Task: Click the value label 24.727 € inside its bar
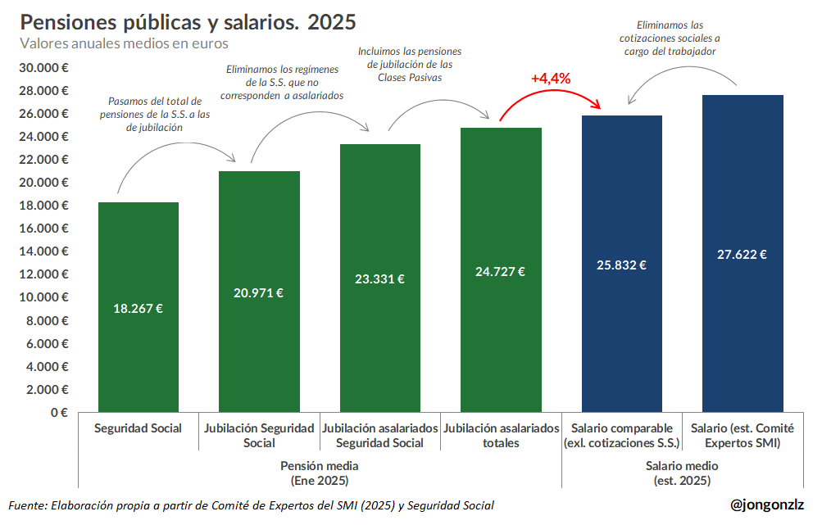click(500, 272)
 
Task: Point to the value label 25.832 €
click(621, 265)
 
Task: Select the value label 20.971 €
click(259, 292)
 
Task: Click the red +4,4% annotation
click(550, 79)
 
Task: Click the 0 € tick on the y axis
click(58, 413)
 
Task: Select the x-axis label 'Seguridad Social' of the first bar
click(138, 428)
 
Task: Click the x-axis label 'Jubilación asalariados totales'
click(501, 436)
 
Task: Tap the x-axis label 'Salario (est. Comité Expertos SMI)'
click(742, 436)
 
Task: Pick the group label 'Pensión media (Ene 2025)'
click(320, 473)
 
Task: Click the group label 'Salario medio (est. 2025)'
click(682, 473)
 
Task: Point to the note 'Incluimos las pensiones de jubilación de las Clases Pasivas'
click(409, 64)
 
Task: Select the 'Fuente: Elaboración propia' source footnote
click(251, 505)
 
